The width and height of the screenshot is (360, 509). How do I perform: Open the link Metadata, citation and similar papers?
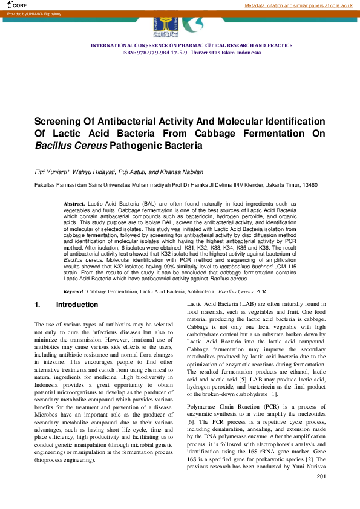[x=298, y=5]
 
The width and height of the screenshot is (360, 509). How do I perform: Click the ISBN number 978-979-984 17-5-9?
[x=162, y=53]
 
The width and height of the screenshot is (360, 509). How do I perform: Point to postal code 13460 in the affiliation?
[x=310, y=184]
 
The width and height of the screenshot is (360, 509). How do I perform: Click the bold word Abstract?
[x=74, y=204]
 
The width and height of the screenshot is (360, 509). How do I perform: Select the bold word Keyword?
[x=74, y=291]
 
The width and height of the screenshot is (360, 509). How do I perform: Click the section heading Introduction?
[x=81, y=305]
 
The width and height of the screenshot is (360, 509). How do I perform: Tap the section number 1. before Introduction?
[x=38, y=305]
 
